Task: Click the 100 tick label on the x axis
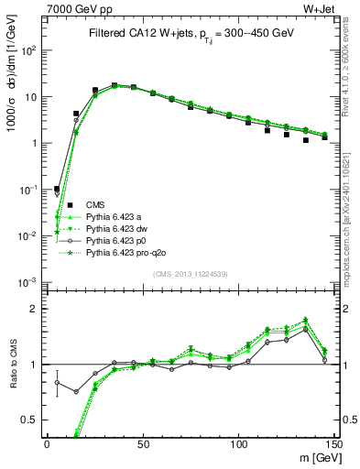[238, 443]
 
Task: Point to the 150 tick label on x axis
[333, 443]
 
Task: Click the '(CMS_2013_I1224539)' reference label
[190, 273]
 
